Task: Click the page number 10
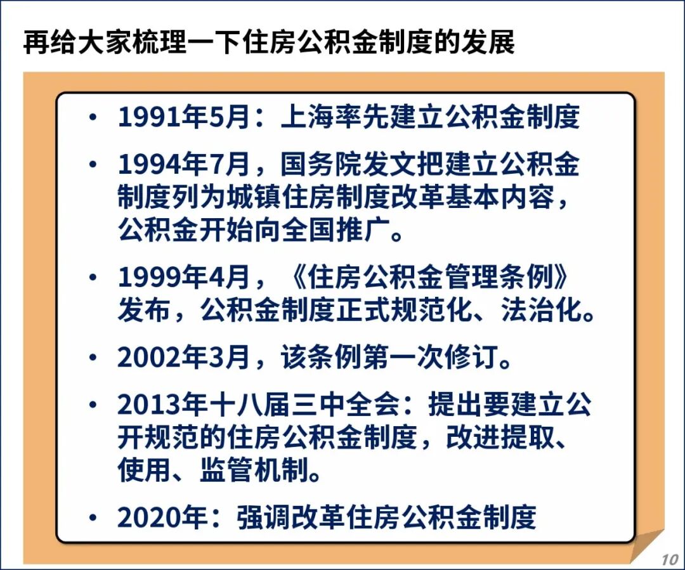[669, 559]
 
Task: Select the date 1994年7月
[184, 164]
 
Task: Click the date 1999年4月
[184, 277]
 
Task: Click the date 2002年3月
[184, 358]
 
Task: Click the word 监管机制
[254, 470]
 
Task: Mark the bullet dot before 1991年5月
[93, 117]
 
